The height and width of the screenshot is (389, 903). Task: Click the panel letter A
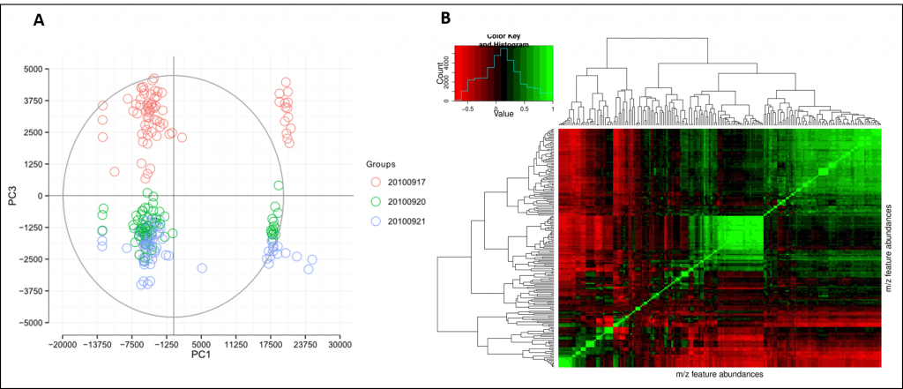click(39, 20)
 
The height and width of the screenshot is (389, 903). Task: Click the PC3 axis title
click(10, 195)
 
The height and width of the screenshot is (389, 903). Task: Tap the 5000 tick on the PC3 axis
click(37, 69)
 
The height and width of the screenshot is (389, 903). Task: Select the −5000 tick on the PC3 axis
click(35, 323)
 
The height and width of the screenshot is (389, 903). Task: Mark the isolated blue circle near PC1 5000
click(202, 268)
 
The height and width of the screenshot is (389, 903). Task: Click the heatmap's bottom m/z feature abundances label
click(719, 375)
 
